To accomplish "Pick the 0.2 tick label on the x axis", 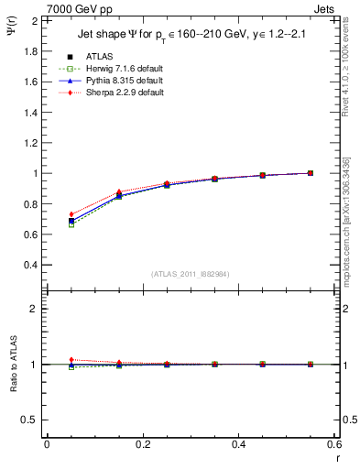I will pos(143,444).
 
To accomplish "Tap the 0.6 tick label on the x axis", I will pos(335,444).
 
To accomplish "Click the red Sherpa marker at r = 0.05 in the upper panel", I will pos(71,214).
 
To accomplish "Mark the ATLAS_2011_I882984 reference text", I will pos(191,274).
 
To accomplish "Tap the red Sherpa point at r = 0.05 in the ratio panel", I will pos(71,359).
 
